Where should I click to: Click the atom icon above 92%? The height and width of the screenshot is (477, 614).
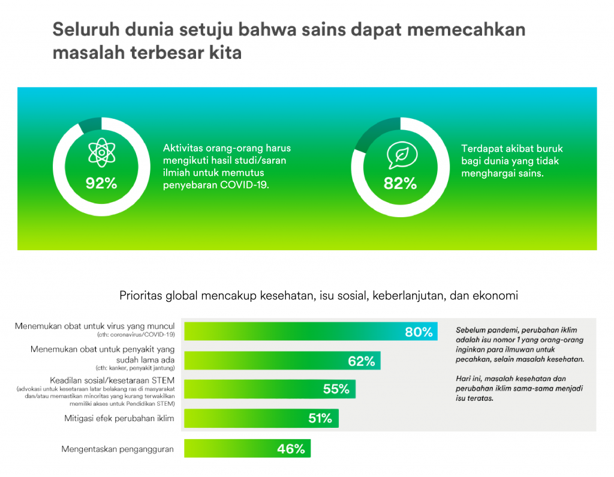click(x=101, y=152)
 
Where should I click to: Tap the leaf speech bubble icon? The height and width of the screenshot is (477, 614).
click(x=402, y=155)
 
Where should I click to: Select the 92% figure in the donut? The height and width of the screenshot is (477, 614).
click(x=101, y=183)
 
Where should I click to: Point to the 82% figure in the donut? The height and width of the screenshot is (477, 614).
click(x=400, y=183)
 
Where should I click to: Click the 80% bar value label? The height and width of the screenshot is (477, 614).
click(x=419, y=332)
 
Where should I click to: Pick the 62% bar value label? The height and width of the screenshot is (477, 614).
click(x=362, y=361)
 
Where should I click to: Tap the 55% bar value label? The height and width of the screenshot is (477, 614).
click(x=336, y=389)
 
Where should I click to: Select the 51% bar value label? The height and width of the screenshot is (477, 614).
click(x=320, y=418)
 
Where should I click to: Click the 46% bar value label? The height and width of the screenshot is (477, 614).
click(x=291, y=449)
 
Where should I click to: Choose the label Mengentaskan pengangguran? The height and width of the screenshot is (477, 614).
click(x=118, y=449)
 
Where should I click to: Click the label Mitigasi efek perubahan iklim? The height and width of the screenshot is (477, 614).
click(x=119, y=419)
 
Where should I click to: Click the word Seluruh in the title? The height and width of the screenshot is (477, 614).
click(x=86, y=30)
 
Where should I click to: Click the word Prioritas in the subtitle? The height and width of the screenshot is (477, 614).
click(x=140, y=296)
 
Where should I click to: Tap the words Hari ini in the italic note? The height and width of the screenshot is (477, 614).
click(x=469, y=379)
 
